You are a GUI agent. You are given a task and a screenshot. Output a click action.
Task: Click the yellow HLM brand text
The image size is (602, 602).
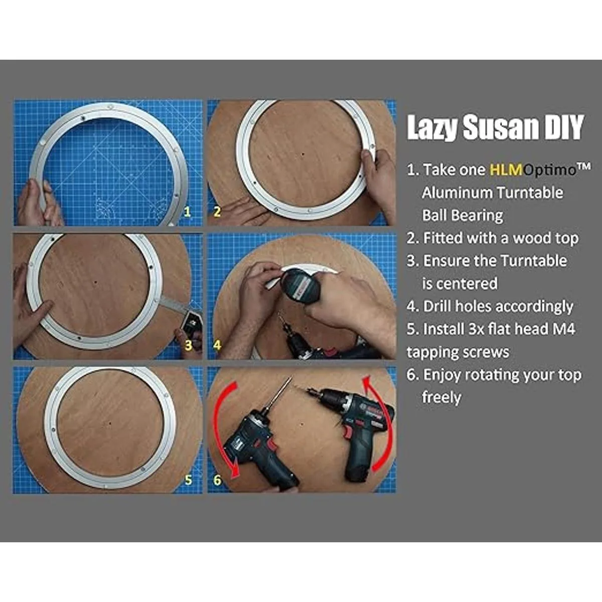[506, 170]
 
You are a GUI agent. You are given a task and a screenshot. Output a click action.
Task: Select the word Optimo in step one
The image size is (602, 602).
[550, 170]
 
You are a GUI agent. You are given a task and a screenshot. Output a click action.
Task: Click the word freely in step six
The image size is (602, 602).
[441, 397]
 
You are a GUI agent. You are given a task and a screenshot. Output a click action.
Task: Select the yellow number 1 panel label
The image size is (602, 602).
[187, 212]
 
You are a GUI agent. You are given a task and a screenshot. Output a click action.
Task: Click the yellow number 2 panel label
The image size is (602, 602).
[217, 212]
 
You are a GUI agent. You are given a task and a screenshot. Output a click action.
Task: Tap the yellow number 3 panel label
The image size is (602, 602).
[188, 345]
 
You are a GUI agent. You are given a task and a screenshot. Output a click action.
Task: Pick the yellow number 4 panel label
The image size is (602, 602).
[217, 345]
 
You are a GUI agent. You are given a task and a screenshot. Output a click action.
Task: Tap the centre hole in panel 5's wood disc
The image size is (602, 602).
[110, 423]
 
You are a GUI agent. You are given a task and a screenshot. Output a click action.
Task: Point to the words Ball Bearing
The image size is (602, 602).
[463, 216]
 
